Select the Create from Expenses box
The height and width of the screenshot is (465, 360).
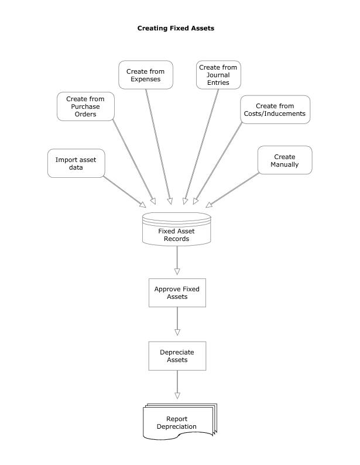pyautogui.click(x=146, y=75)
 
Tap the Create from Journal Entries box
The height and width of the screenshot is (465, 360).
pyautogui.click(x=218, y=75)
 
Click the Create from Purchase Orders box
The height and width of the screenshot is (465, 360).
pyautogui.click(x=85, y=106)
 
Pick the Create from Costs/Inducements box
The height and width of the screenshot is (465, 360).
pyautogui.click(x=275, y=109)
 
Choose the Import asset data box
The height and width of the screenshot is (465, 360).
pyautogui.click(x=76, y=163)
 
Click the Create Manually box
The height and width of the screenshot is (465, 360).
pyautogui.click(x=284, y=160)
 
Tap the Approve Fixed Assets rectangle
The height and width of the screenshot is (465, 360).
pyautogui.click(x=177, y=292)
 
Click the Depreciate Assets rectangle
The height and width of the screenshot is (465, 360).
pyautogui.click(x=177, y=356)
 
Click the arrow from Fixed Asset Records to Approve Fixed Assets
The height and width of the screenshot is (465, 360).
pyautogui.click(x=177, y=260)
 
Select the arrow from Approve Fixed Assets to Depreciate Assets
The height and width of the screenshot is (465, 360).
pyautogui.click(x=177, y=323)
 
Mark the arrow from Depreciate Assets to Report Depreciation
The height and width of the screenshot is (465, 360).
pyautogui.click(x=177, y=386)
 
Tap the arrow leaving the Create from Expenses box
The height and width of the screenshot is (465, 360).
pyautogui.click(x=159, y=146)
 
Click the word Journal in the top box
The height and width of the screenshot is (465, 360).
pyautogui.click(x=218, y=75)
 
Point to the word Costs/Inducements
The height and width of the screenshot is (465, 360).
pyautogui.click(x=275, y=113)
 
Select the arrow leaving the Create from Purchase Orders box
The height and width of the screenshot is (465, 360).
pyautogui.click(x=133, y=161)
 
